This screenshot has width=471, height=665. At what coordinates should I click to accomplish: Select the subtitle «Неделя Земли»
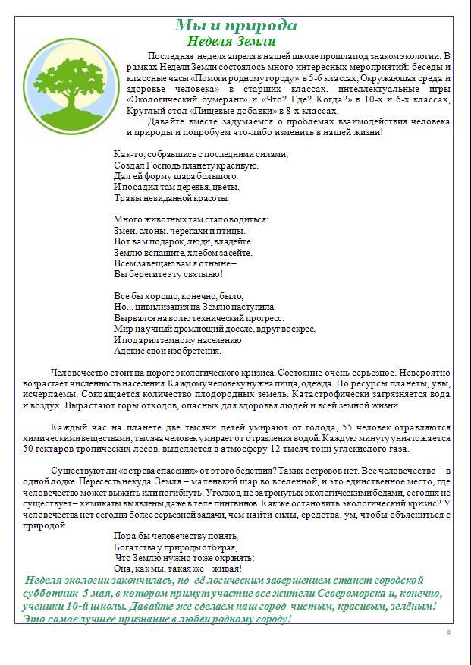pos(231,41)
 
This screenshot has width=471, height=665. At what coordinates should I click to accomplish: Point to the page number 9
pos(448,633)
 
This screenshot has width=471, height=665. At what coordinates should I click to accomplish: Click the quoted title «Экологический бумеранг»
pos(169,99)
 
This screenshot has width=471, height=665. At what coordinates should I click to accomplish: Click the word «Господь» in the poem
pos(157,165)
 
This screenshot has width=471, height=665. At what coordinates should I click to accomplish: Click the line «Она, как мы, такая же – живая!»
pos(177,568)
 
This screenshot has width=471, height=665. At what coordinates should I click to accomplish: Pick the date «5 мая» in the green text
pos(96,594)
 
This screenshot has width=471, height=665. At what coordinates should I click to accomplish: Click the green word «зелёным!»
pos(407,607)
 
